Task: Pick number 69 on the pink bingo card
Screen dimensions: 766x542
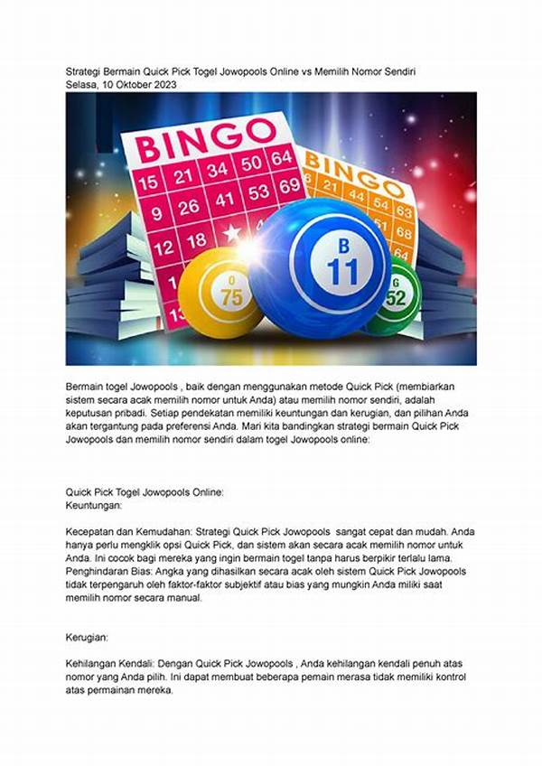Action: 289,186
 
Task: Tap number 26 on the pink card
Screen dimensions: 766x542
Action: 188,207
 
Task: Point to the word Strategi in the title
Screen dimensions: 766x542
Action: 88,70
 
